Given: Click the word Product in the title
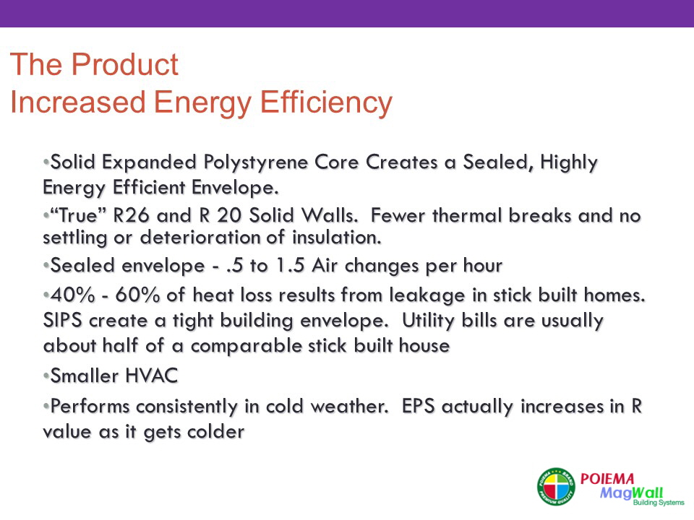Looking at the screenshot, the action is (x=124, y=64).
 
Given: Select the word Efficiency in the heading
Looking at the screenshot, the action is (x=326, y=103).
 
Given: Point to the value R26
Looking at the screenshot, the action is (x=131, y=215).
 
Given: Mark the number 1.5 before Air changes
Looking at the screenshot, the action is (x=290, y=266).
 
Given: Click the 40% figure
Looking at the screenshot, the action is (x=72, y=295).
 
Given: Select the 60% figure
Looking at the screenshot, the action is (x=137, y=295).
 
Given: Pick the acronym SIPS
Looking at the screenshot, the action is (x=62, y=320).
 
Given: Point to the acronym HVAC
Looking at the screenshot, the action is (x=151, y=376).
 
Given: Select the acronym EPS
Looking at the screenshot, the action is (x=419, y=407).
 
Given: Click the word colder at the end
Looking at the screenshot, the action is (x=215, y=432).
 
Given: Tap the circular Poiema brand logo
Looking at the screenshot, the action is (x=556, y=486).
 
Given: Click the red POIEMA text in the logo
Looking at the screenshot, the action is (x=607, y=478).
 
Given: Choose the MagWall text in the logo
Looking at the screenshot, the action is (x=631, y=493).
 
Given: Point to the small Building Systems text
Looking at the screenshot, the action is (x=659, y=503).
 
